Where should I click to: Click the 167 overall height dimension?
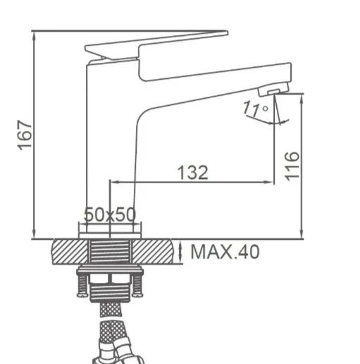pyautogui.click(x=25, y=135)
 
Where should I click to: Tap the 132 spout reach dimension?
pyautogui.click(x=193, y=172)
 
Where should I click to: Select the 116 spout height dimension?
pyautogui.click(x=292, y=166)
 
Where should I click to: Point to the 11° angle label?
pyautogui.click(x=255, y=109)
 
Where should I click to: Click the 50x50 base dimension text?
pyautogui.click(x=110, y=214)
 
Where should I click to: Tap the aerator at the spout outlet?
pyautogui.click(x=273, y=89)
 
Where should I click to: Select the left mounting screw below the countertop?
pyautogui.click(x=82, y=285)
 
